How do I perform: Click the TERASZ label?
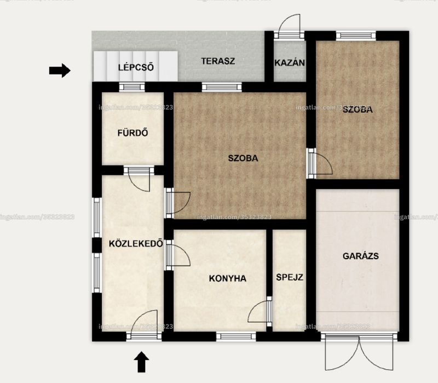218,61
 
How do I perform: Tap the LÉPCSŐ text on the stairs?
136,67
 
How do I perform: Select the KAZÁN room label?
290,62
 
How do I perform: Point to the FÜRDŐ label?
132,133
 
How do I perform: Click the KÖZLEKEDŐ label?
136,243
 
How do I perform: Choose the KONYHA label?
228,278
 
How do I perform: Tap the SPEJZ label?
290,277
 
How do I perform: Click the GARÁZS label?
361,256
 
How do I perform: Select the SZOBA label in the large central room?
243,158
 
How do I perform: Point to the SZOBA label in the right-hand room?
358,109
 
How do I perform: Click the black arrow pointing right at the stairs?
60,71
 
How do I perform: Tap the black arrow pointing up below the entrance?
142,362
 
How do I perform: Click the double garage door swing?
359,353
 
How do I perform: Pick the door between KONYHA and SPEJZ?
260,311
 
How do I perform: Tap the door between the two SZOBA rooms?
319,163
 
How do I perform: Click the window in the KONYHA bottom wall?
236,336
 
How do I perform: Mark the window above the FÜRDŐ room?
132,87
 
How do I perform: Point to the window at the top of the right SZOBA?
356,36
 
